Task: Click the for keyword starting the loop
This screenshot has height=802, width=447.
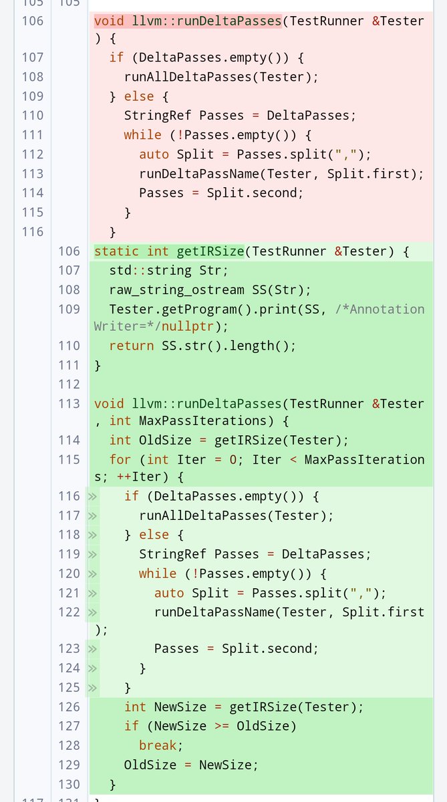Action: pyautogui.click(x=120, y=459)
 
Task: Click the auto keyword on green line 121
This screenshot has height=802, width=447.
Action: pyautogui.click(x=169, y=593)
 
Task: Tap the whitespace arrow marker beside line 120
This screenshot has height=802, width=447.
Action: pyautogui.click(x=92, y=573)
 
